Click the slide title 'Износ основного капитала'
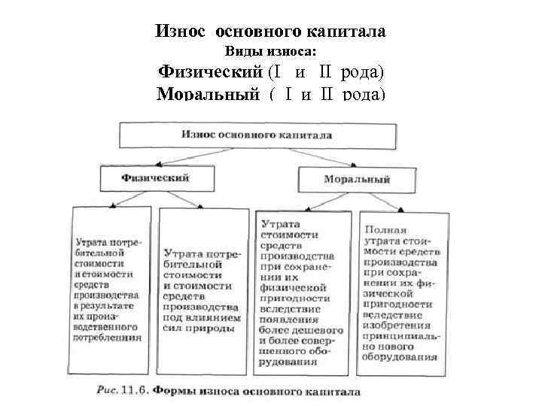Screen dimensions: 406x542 click(270, 32)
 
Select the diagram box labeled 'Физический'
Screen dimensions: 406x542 click(154, 178)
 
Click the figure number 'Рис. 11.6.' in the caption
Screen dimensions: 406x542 click(123, 392)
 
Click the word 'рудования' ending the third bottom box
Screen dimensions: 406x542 click(287, 361)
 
